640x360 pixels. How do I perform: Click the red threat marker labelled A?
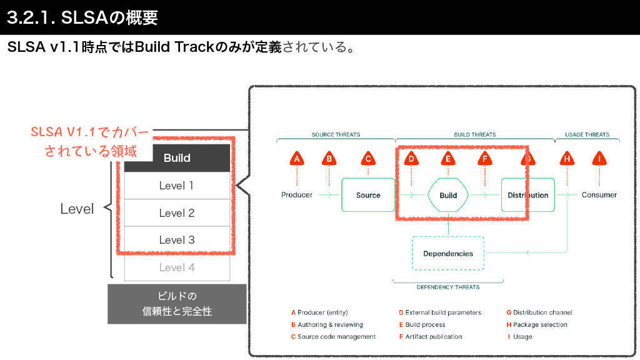point(297,159)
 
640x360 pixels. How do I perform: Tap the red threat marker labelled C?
point(368,159)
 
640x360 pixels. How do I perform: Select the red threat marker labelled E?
point(447,159)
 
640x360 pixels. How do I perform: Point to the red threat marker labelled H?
point(567,159)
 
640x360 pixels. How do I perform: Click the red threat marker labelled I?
point(599,159)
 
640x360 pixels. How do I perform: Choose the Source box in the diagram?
point(368,195)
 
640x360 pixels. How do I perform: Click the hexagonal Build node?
point(448,195)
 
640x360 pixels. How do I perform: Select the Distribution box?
point(527,195)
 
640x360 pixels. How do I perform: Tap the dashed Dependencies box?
point(448,253)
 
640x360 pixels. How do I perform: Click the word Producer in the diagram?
point(297,195)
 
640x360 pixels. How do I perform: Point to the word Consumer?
point(599,195)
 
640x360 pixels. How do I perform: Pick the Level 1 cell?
point(177,186)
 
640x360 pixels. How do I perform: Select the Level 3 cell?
point(177,240)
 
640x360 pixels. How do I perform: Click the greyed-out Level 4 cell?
point(177,267)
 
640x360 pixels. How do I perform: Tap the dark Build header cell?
point(177,158)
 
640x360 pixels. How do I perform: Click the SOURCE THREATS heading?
point(336,134)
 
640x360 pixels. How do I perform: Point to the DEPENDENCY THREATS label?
point(448,287)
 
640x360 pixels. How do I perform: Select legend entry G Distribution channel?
point(539,312)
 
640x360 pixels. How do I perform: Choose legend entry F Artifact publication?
point(431,336)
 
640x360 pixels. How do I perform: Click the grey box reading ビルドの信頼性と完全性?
point(177,304)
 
